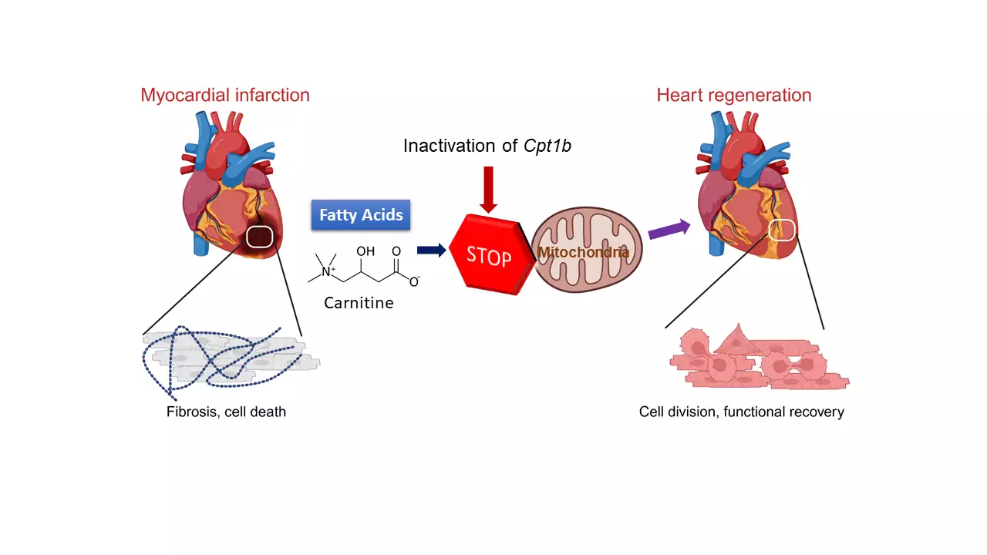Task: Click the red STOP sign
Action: (x=490, y=254)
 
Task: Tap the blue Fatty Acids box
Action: (x=361, y=215)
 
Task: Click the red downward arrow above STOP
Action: (x=488, y=189)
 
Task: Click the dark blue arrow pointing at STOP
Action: (x=431, y=250)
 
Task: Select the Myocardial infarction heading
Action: (x=225, y=96)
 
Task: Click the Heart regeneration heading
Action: (x=733, y=96)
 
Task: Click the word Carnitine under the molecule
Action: (x=359, y=303)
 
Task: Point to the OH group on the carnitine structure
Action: (x=365, y=251)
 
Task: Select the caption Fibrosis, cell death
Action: (x=226, y=412)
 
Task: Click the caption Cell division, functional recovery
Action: (x=741, y=412)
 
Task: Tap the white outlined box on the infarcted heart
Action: (x=260, y=237)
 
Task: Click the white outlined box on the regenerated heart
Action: (x=783, y=230)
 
